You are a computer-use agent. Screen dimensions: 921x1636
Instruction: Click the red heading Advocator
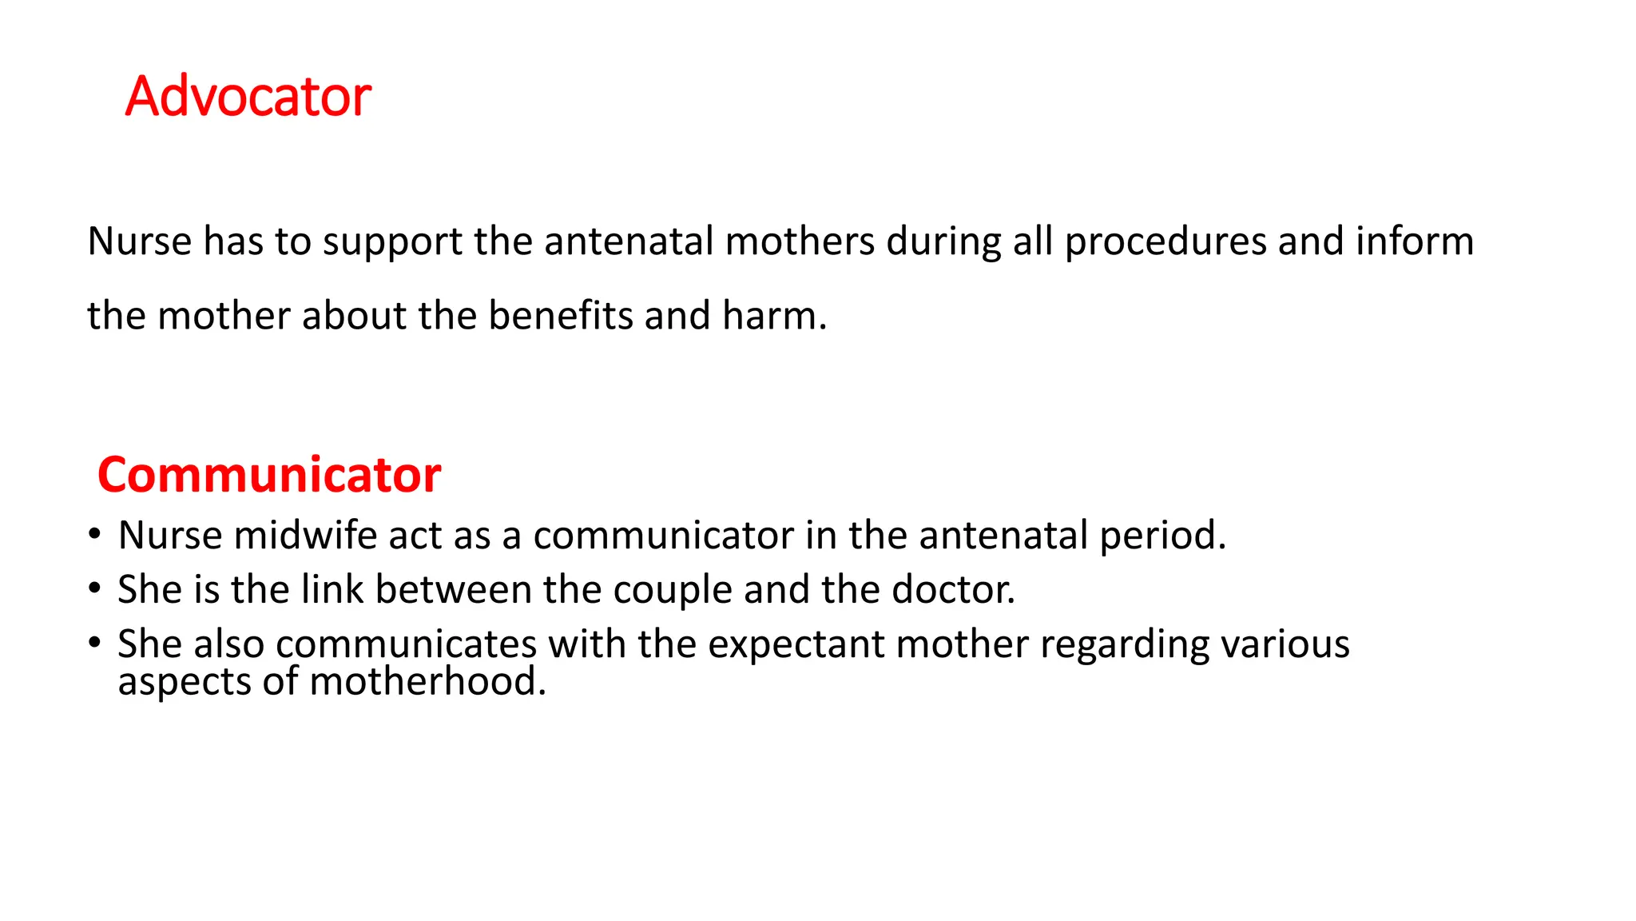click(248, 97)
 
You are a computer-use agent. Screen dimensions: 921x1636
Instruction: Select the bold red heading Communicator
click(269, 474)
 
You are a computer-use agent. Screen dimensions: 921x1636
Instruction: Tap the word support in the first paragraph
click(392, 242)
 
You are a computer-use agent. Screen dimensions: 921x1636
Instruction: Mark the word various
click(1285, 644)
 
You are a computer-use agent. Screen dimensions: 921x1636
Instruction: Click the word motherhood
click(427, 681)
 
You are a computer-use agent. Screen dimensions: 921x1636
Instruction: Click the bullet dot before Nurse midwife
click(95, 534)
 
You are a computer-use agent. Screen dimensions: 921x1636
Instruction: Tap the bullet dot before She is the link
click(95, 588)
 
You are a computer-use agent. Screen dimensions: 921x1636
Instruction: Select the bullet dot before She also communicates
click(95, 643)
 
